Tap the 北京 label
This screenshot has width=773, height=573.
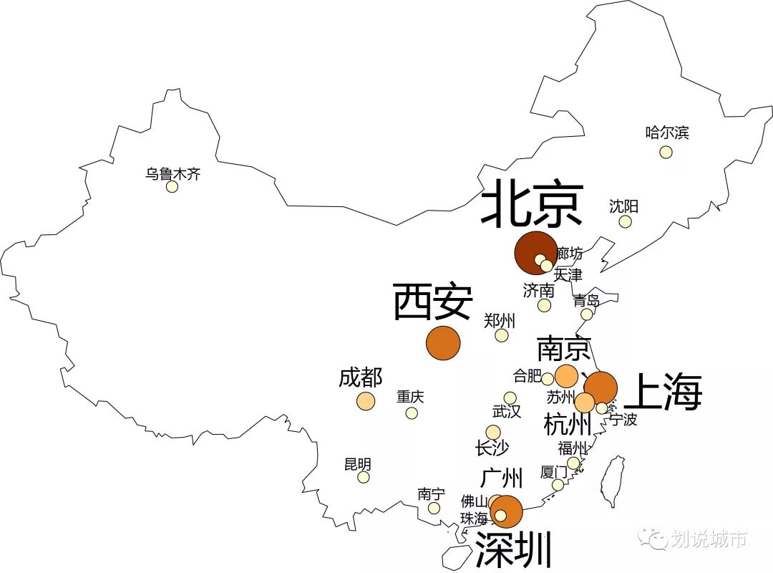(532, 203)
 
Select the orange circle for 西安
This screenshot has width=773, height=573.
(443, 343)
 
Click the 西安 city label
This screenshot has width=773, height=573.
(432, 302)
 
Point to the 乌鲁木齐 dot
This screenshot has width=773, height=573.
(172, 187)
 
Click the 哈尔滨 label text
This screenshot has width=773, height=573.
(667, 133)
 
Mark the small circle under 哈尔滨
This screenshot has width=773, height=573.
(666, 152)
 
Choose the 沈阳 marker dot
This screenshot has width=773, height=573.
(626, 222)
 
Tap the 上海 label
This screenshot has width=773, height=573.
(663, 393)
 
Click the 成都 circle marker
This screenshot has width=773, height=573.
(366, 401)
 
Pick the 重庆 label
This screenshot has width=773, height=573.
(411, 397)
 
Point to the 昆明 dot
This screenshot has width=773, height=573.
(364, 477)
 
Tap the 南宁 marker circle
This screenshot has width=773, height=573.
(434, 509)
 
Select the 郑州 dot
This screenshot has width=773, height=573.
(502, 335)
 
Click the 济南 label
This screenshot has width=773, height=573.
(538, 290)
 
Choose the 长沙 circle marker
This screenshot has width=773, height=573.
(493, 432)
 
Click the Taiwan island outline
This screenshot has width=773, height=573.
(613, 481)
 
